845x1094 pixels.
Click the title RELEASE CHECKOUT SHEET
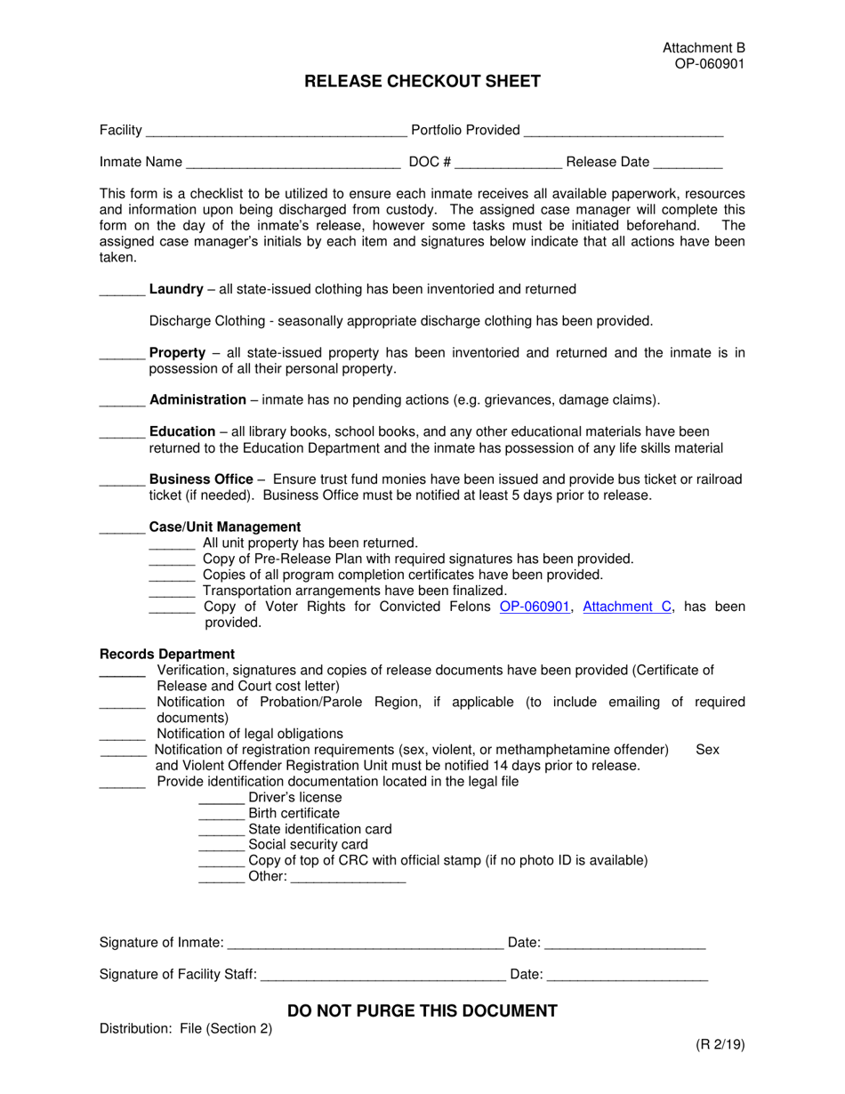pos(422,82)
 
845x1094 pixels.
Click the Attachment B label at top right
pos(704,48)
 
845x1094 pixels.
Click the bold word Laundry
pos(176,289)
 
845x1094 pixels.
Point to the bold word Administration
pos(197,400)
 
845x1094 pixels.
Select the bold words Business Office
pos(201,479)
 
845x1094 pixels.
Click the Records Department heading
pos(167,654)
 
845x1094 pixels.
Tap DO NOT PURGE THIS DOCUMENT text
pos(422,1010)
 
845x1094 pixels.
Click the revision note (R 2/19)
pos(720,1045)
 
